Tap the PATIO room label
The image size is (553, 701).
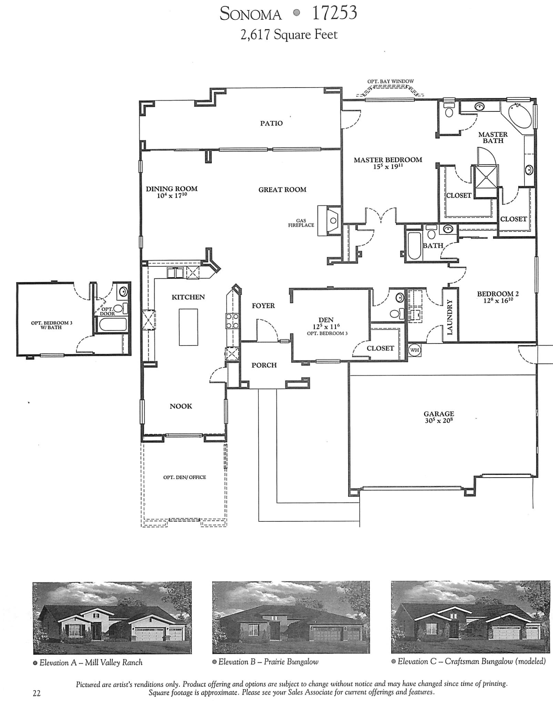(x=271, y=123)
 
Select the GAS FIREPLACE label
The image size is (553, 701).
(x=301, y=223)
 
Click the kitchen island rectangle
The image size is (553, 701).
(x=188, y=327)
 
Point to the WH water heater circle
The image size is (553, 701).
(x=415, y=350)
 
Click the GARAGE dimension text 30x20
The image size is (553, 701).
(x=439, y=421)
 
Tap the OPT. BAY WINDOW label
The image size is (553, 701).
(x=390, y=81)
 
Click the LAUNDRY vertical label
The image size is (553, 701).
(x=450, y=317)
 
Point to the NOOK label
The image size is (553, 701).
(x=181, y=406)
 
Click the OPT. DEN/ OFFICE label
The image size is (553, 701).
(x=184, y=477)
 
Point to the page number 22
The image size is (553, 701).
(x=36, y=693)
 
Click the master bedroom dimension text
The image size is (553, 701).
(x=388, y=166)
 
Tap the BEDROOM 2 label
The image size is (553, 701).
(x=498, y=294)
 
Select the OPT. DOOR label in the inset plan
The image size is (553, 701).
(x=107, y=311)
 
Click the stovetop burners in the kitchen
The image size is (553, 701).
(x=232, y=320)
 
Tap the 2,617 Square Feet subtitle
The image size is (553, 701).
(x=289, y=34)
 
